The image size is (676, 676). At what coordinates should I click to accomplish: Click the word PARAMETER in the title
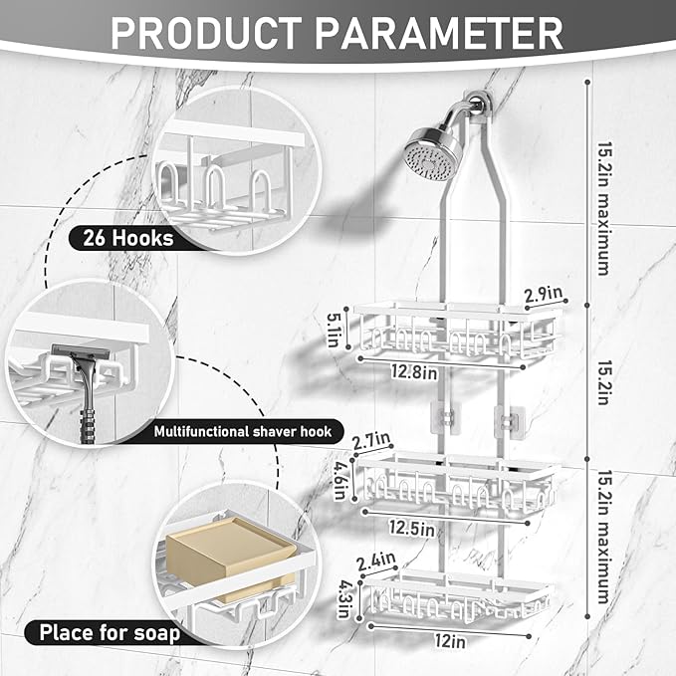(x=433, y=32)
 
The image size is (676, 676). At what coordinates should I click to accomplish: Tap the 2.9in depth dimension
(x=544, y=296)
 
